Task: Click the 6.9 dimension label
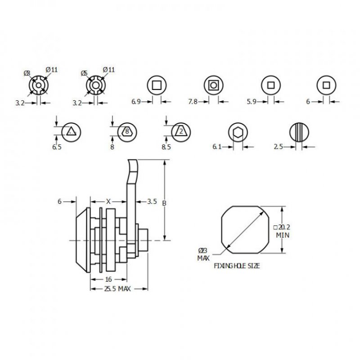click(136, 102)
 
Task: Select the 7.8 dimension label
click(192, 102)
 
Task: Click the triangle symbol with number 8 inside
click(127, 131)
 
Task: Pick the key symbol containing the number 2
click(180, 131)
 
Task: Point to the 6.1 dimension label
click(217, 147)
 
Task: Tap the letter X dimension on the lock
click(108, 202)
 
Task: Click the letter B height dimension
click(164, 203)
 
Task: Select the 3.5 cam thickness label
click(152, 202)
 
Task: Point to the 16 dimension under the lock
click(108, 279)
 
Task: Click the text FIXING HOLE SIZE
click(237, 266)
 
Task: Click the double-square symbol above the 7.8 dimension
click(212, 84)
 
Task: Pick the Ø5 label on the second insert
click(84, 72)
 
